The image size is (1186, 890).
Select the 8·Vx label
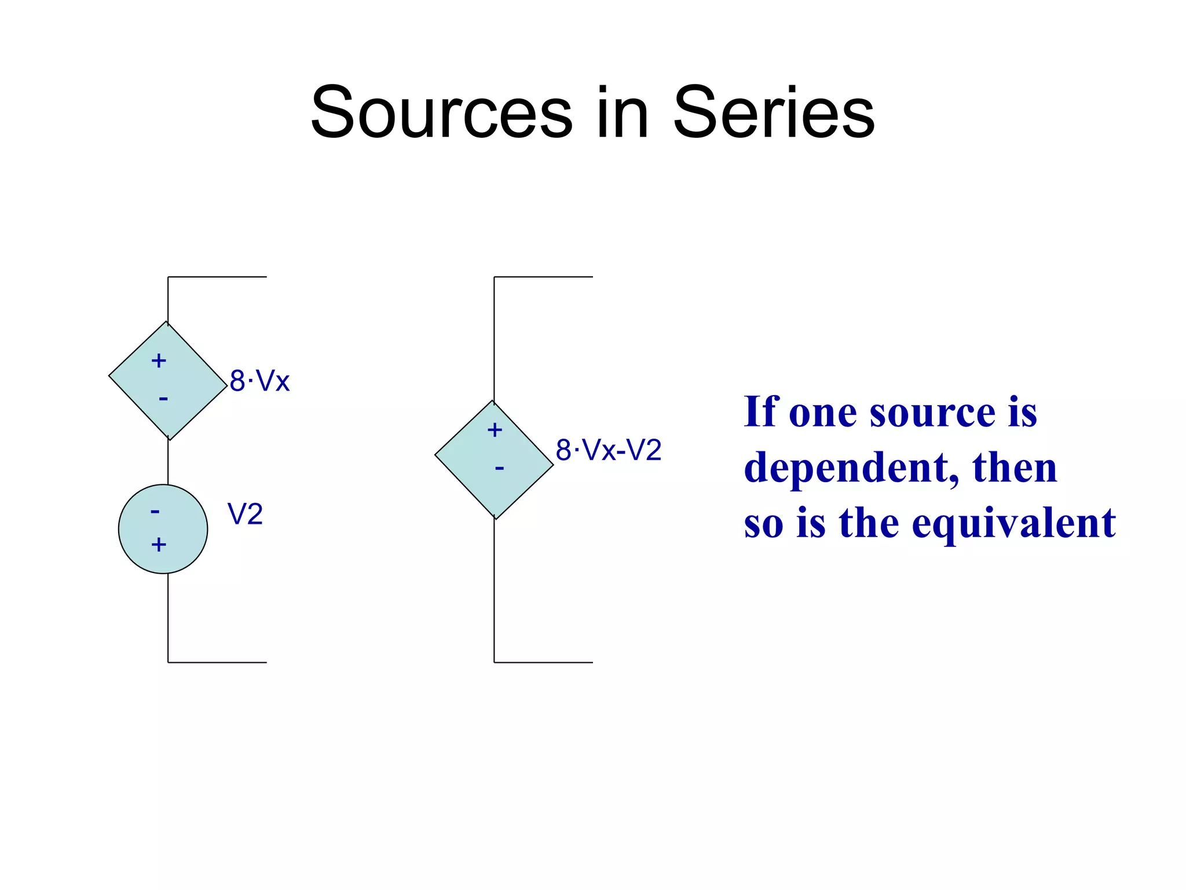259,381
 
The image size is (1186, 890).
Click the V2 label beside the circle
245,514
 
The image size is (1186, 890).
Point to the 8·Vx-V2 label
608,450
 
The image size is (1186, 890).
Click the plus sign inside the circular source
159,545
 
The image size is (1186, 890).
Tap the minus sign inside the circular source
155,511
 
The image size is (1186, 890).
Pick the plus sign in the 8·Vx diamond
159,361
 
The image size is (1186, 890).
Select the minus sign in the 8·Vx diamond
163,399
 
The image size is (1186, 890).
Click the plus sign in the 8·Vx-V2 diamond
495,430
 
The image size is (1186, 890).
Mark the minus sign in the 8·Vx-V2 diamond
499,468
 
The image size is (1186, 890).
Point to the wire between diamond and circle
168,462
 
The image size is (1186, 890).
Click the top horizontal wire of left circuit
217,277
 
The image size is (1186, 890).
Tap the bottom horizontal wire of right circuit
543,662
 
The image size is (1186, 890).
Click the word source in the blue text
932,413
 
